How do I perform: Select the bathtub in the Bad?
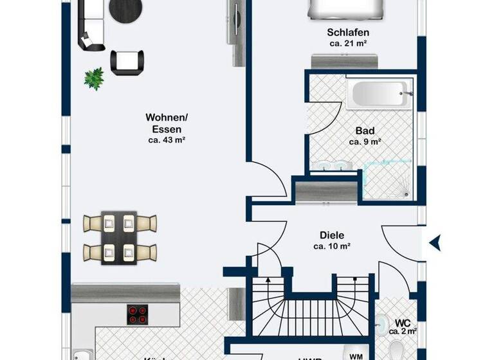click(376, 95)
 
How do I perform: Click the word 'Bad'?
click(365, 130)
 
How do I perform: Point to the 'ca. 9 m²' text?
click(365, 141)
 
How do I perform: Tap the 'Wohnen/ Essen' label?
click(167, 123)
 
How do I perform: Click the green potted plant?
click(94, 78)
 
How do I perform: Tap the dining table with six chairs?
click(120, 236)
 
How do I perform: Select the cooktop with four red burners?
click(136, 313)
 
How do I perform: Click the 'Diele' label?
click(331, 235)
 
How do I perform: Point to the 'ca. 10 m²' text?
click(331, 246)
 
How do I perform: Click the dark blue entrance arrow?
click(435, 242)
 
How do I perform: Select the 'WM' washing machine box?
click(354, 355)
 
